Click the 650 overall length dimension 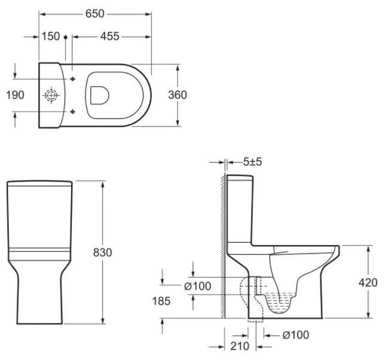95,11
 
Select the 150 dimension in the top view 51,36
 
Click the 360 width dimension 178,95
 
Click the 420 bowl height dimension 368,282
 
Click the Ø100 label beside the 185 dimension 197,286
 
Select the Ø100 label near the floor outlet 296,335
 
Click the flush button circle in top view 51,95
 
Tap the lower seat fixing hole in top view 72,111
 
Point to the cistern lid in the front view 39,182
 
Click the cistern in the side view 239,209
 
